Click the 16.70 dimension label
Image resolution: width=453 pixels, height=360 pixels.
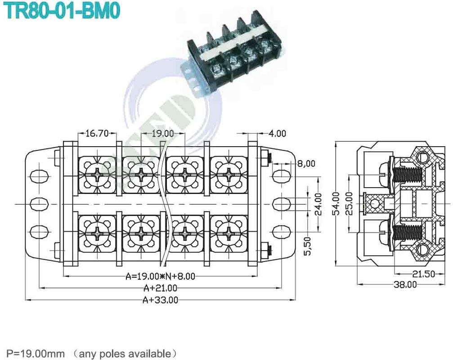pos(97,133)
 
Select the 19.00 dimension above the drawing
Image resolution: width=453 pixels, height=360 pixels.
pos(162,133)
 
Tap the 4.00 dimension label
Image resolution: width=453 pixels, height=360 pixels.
pos(277,133)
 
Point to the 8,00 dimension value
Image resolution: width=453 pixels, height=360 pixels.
pos(306,163)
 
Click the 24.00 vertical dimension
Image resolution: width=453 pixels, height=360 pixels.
pos(318,204)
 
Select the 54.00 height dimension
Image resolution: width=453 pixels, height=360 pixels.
pos(336,204)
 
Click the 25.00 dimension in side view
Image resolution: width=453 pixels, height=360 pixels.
pos(349,204)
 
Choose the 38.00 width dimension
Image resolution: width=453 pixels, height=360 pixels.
pos(405,284)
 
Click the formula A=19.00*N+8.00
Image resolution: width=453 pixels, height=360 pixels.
pos(160,276)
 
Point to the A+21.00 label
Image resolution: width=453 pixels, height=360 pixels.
pos(160,288)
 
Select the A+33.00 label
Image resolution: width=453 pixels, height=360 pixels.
pos(160,300)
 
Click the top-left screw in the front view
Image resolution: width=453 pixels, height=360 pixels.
pos(97,174)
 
